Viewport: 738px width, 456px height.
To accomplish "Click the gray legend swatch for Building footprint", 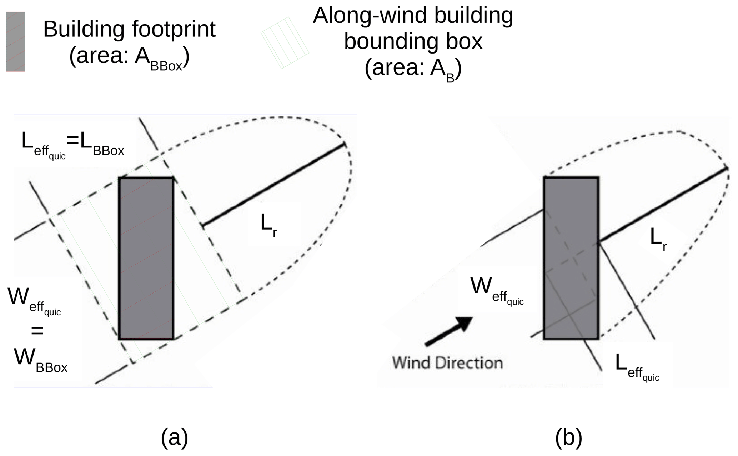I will [15, 42].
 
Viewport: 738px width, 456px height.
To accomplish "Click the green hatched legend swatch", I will [285, 42].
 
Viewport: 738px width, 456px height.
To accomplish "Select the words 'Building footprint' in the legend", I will [129, 29].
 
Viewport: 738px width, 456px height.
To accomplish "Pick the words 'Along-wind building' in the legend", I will [413, 16].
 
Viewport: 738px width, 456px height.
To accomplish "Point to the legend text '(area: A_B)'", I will [413, 69].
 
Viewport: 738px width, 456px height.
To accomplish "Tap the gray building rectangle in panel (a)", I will [146, 258].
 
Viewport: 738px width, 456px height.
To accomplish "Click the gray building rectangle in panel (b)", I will [571, 258].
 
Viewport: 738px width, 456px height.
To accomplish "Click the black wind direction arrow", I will [449, 331].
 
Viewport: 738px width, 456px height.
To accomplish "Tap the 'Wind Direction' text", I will [447, 363].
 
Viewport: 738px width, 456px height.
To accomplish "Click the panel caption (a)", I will [174, 437].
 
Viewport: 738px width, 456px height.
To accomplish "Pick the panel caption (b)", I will [568, 437].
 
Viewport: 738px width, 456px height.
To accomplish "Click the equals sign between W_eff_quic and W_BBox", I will [37, 331].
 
